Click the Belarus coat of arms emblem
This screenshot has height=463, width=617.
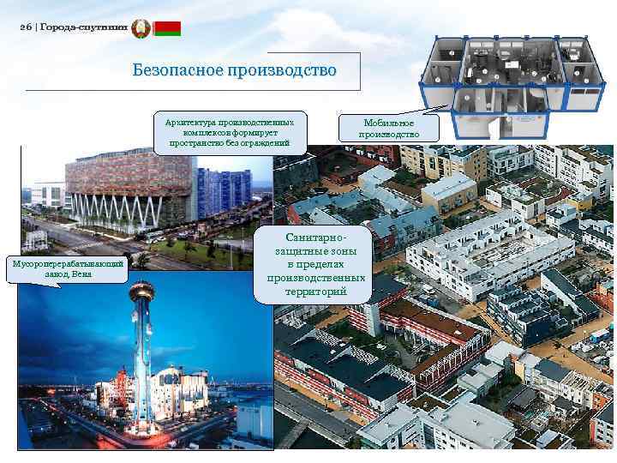(x=141, y=28)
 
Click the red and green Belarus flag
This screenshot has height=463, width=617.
(x=166, y=28)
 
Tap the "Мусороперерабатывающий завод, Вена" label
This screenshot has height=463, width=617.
(x=65, y=268)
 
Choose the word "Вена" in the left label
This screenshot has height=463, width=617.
(x=82, y=274)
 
